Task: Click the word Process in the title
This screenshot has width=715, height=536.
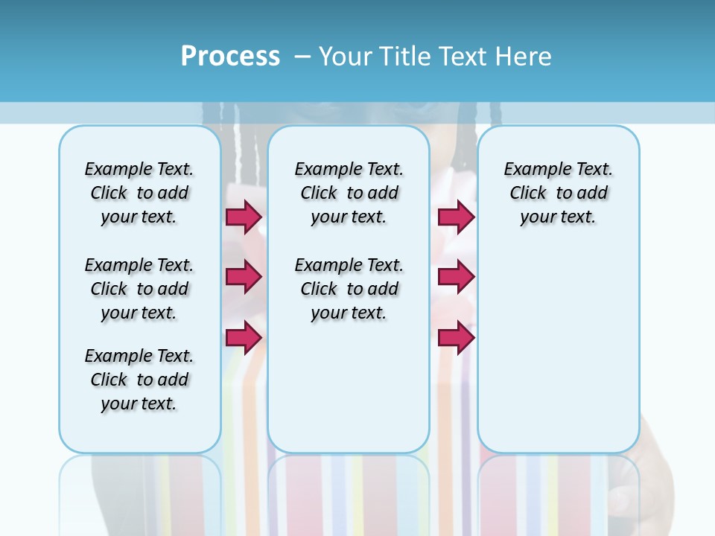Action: point(230,57)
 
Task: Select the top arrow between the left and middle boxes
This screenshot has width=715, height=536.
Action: point(244,217)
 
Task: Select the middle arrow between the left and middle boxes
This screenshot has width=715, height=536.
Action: point(244,277)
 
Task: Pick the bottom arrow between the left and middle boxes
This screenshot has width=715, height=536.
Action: point(244,338)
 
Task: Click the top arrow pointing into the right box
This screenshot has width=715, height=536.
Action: point(456,217)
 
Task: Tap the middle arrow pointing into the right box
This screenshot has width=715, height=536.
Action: point(456,277)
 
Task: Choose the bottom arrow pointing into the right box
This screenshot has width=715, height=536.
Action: point(456,338)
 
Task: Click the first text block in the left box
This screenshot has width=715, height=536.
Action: point(139,193)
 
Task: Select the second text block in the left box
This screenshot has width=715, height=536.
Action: point(139,289)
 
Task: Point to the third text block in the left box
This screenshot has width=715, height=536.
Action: point(139,380)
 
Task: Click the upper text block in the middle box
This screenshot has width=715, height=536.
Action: point(349,193)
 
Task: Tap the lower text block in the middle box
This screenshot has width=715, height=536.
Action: point(349,289)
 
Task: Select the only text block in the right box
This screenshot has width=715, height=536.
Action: point(558,193)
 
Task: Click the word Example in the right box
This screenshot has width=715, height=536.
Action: point(532,170)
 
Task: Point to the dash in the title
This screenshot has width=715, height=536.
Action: point(302,57)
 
